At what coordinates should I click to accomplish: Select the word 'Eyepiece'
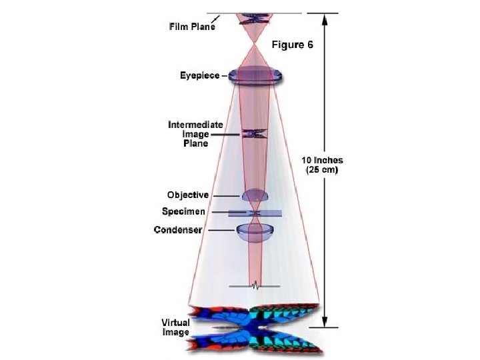pyautogui.click(x=199, y=75)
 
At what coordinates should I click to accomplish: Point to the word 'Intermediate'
pyautogui.click(x=195, y=125)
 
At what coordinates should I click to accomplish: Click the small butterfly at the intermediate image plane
pyautogui.click(x=254, y=134)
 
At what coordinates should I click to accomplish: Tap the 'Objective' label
pyautogui.click(x=188, y=195)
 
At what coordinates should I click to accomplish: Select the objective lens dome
pyautogui.click(x=254, y=196)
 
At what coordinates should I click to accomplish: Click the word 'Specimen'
pyautogui.click(x=183, y=212)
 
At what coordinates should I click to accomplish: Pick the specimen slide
pyautogui.click(x=255, y=213)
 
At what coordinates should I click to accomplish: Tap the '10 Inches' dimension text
pyautogui.click(x=323, y=160)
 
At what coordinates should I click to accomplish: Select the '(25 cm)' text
pyautogui.click(x=323, y=170)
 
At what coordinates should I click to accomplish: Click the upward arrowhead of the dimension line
pyautogui.click(x=325, y=18)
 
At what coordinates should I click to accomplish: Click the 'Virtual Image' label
pyautogui.click(x=175, y=327)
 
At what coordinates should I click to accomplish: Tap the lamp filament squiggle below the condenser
pyautogui.click(x=254, y=286)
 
